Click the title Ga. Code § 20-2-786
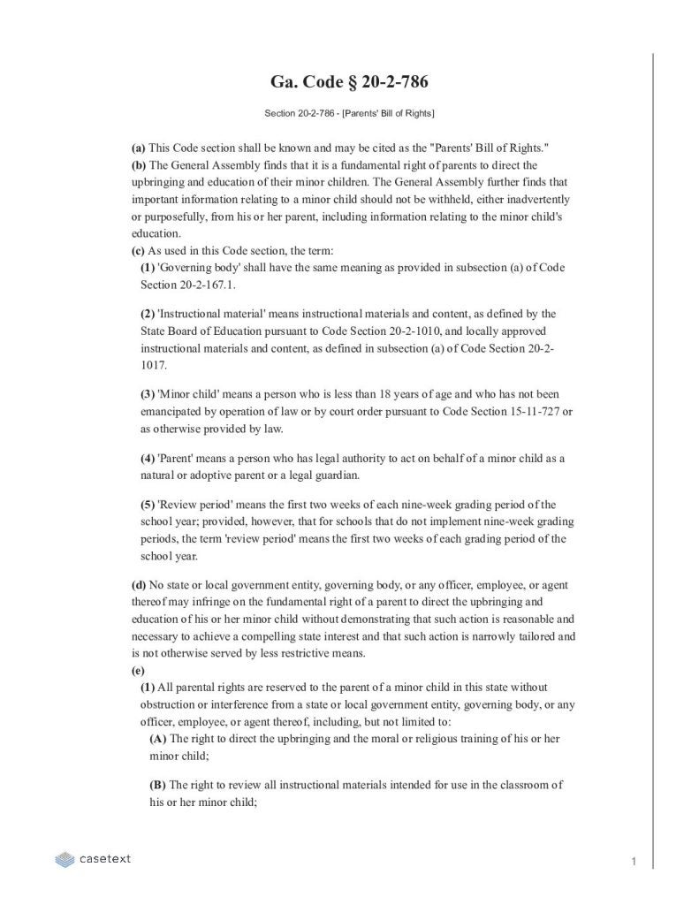click(x=349, y=82)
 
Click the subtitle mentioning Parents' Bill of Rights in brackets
click(x=349, y=114)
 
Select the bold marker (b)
click(x=139, y=165)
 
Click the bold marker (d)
click(x=139, y=584)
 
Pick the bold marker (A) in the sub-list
click(x=158, y=739)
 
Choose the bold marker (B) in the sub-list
click(x=158, y=785)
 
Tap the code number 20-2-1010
click(x=398, y=331)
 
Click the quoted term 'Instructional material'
click(x=209, y=314)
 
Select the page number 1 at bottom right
click(x=634, y=861)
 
